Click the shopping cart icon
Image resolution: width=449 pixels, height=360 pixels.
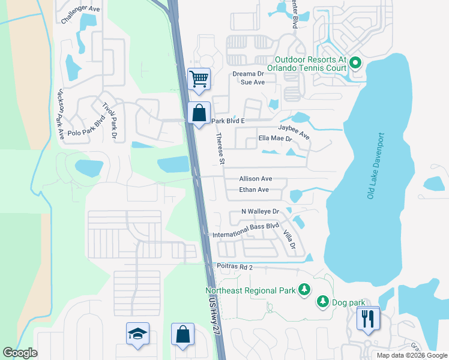[x=199, y=78]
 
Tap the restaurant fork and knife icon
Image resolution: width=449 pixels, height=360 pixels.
[x=368, y=318]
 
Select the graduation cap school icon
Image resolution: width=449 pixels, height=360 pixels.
[x=137, y=334]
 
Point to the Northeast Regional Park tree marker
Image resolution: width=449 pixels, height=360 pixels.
[x=304, y=290]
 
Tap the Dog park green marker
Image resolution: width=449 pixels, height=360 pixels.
[x=322, y=300]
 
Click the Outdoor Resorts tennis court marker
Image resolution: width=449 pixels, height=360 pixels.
[x=354, y=61]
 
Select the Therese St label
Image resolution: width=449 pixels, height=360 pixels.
[x=220, y=149]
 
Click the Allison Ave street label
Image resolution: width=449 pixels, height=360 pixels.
[x=256, y=179]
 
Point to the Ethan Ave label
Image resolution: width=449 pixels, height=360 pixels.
[x=254, y=190]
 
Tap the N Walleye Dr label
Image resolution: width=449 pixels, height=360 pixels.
[x=261, y=212]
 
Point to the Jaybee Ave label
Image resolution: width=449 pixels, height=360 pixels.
[x=294, y=131]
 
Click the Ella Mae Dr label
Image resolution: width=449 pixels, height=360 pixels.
[x=275, y=139]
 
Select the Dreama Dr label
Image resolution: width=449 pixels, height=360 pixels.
[x=249, y=74]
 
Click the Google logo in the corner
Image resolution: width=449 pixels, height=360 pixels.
[x=20, y=353]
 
